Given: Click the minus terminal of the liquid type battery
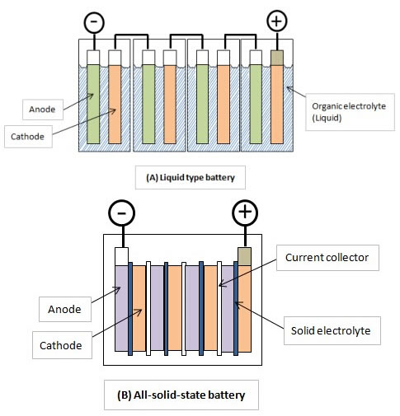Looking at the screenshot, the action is (94, 22).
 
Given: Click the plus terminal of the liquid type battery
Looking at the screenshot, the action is (277, 21).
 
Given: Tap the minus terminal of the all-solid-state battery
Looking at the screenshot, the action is (122, 213).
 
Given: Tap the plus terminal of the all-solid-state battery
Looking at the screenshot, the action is (245, 213).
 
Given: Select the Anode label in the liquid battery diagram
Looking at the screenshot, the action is (43, 110).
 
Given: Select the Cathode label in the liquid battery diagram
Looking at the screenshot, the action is (28, 137).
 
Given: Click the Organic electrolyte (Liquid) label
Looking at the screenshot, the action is (350, 112).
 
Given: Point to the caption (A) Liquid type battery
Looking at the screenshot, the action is (191, 177).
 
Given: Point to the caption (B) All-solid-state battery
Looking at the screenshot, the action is (181, 395).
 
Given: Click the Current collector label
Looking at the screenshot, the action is (327, 258).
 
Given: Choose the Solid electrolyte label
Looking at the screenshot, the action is (332, 330).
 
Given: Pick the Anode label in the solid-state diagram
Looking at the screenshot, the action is (65, 309).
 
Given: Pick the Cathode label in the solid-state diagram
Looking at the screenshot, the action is (62, 345).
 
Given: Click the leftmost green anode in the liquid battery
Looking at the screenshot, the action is (93, 104).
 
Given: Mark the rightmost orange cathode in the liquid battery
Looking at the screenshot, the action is (277, 104).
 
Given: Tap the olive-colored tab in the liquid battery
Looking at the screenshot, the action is (277, 58).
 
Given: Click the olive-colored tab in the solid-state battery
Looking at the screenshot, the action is (244, 256).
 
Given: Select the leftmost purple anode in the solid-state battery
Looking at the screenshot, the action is (121, 308).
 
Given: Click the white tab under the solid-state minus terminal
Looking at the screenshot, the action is (121, 256).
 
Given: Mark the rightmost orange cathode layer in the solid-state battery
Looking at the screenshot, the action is (244, 309).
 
